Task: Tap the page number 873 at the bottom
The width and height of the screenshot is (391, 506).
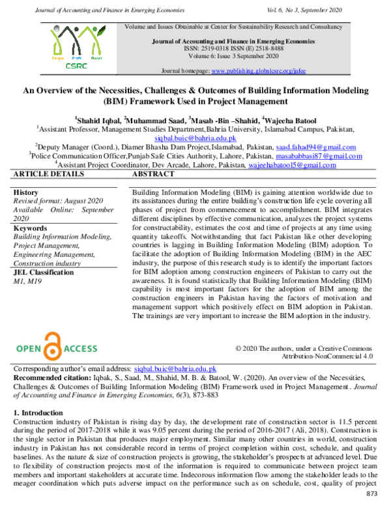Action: point(371,494)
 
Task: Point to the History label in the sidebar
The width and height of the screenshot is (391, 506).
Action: point(26,193)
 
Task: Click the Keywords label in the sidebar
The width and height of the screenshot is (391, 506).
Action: point(30,229)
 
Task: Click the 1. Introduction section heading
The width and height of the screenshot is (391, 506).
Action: point(38,413)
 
